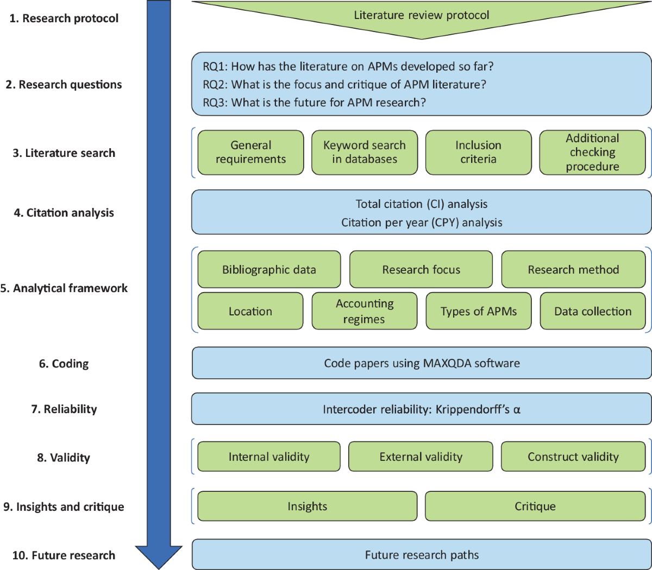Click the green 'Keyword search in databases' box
pyautogui.click(x=365, y=153)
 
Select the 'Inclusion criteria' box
pyautogui.click(x=478, y=153)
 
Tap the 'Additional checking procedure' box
pyautogui.click(x=592, y=153)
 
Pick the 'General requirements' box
pyautogui.click(x=250, y=153)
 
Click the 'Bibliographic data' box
pyautogui.click(x=269, y=270)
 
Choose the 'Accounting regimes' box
pyautogui.click(x=365, y=312)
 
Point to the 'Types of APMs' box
pyautogui.click(x=478, y=312)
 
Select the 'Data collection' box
pyautogui.click(x=593, y=312)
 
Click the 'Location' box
pyautogui.click(x=250, y=312)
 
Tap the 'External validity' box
pyautogui.click(x=421, y=457)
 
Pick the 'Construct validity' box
pyautogui.click(x=573, y=457)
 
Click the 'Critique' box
pyautogui.click(x=535, y=506)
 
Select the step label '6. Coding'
pyautogui.click(x=64, y=364)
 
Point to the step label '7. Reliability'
pyautogui.click(x=64, y=409)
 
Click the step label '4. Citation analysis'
pyautogui.click(x=64, y=213)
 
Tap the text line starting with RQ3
pyautogui.click(x=314, y=103)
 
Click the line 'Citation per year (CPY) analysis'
pyautogui.click(x=422, y=223)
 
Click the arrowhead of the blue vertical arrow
pyautogui.click(x=159, y=556)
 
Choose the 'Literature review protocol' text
pyautogui.click(x=422, y=15)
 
